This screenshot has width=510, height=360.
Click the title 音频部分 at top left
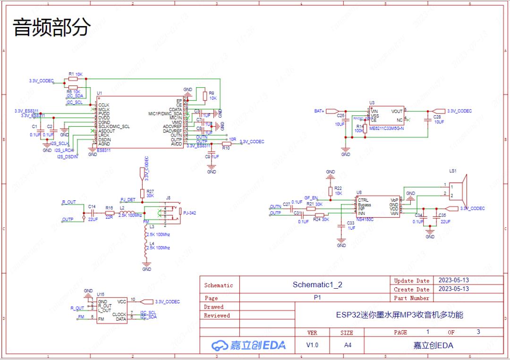point(51,28)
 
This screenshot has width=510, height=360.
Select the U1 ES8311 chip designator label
point(99,94)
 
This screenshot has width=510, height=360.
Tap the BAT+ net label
point(319,111)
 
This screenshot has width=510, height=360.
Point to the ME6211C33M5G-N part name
point(387,128)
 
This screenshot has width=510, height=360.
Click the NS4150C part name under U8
point(365,219)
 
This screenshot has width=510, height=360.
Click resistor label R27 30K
point(150,193)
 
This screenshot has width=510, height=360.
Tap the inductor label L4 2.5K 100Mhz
point(158,245)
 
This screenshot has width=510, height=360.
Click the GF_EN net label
point(311,198)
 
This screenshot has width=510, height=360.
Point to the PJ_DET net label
point(128,200)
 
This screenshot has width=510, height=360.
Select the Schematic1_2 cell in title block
point(317,284)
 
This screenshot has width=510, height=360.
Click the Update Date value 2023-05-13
point(453,280)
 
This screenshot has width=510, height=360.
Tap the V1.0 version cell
point(312,345)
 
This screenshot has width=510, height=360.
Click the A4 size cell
point(347,345)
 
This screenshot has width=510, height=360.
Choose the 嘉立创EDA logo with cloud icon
point(248,345)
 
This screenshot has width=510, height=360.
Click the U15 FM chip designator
point(101,294)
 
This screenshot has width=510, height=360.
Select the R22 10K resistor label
point(338,190)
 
